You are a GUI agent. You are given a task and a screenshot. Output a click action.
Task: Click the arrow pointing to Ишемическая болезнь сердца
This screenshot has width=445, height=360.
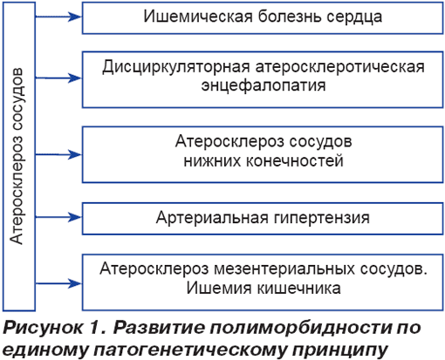coord(58,17)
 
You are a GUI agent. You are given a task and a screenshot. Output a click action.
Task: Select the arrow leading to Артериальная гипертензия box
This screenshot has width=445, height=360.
coord(58,217)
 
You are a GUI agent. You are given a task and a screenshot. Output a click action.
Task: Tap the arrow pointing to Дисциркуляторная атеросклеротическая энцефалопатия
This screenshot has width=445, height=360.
coord(58,78)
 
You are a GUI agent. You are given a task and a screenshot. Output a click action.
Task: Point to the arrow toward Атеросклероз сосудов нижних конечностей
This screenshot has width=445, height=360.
coord(58,154)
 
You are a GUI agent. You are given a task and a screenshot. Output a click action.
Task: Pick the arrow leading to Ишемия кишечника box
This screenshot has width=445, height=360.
coord(58,283)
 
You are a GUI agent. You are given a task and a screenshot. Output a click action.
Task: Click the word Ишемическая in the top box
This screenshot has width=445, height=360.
coord(198,17)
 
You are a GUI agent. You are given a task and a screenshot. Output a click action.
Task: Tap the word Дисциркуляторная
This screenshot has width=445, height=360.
coord(176,68)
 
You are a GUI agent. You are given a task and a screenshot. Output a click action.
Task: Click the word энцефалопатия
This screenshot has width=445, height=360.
coord(264,86)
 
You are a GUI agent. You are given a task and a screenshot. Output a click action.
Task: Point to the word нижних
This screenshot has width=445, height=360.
coord(213,161)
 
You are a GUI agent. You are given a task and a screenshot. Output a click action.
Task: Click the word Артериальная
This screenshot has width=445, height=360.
coord(212,218)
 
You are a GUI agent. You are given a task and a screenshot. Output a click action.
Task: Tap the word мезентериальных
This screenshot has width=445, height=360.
coord(284,269)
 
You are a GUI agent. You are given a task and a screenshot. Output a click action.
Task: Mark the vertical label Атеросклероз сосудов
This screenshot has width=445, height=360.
coord(17,156)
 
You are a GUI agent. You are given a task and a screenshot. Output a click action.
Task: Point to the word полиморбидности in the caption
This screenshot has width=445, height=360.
coord(300,329)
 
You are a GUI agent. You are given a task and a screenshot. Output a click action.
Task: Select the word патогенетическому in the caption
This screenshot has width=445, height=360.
coord(190,350)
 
